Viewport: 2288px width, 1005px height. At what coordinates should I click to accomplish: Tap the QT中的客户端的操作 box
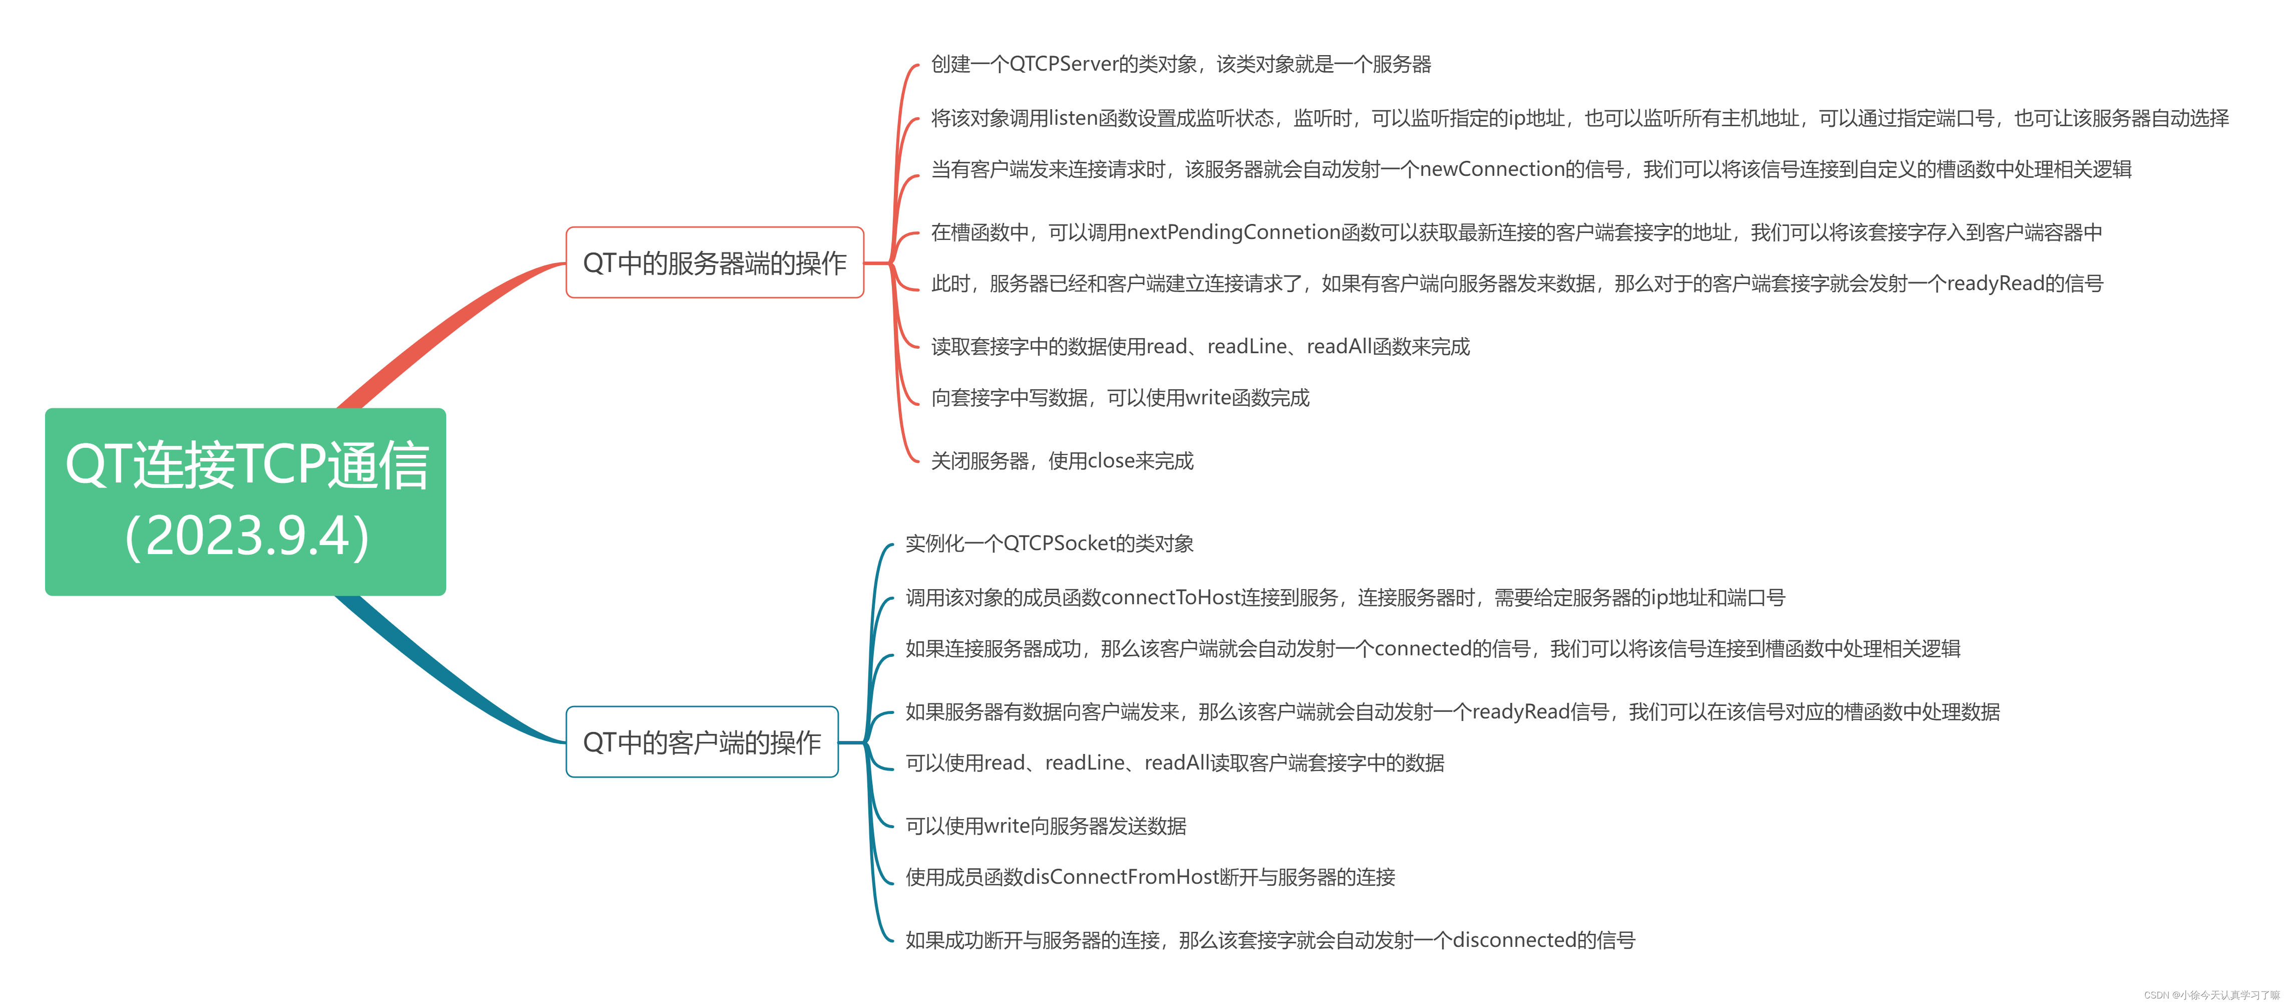coord(702,742)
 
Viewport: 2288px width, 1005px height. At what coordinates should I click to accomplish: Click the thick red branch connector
coord(444,329)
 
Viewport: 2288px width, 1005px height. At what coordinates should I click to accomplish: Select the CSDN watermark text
coord(2211,995)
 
